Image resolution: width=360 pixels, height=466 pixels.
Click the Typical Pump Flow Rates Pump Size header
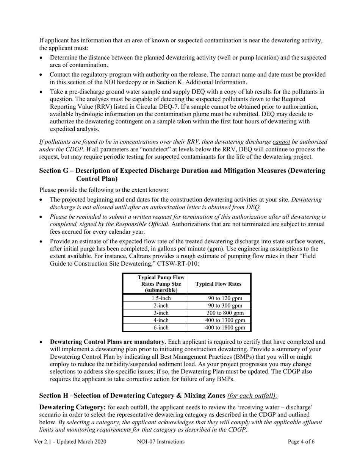pos(155,284)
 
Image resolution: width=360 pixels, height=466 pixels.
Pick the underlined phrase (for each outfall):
pos(252,396)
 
